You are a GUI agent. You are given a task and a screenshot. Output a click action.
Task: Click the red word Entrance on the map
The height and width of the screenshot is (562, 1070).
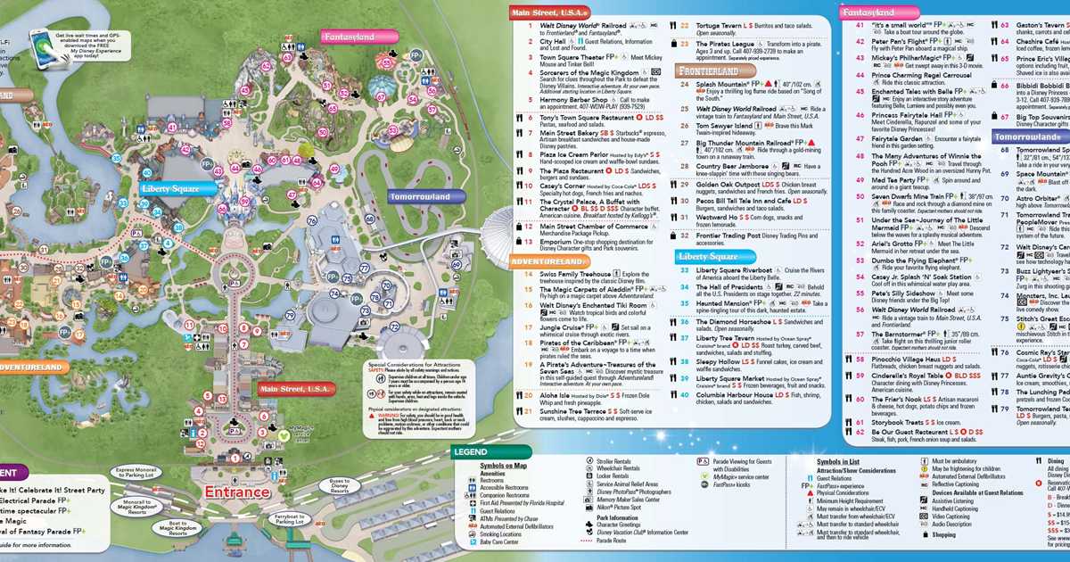tap(242, 492)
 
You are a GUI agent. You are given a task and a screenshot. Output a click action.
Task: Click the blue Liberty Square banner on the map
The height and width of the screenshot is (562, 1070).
tap(177, 188)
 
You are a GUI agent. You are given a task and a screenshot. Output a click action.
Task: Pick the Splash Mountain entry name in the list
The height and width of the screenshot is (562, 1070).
tap(723, 84)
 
